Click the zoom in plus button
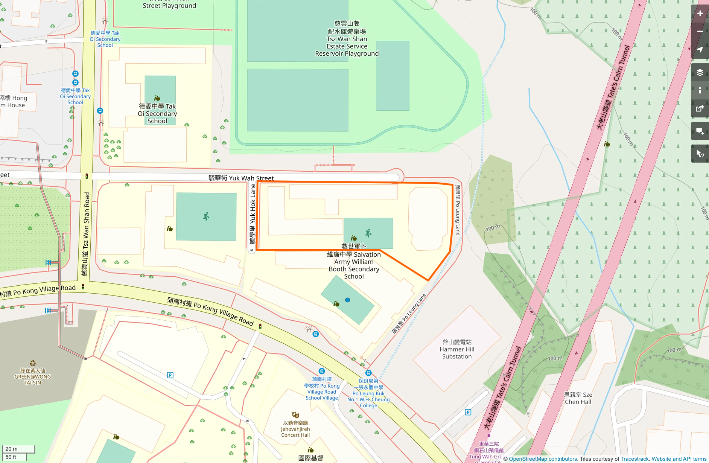[700, 14]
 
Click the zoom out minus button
[700, 32]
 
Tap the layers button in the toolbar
[700, 73]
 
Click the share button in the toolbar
[700, 109]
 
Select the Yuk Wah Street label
[241, 178]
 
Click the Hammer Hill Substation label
[456, 349]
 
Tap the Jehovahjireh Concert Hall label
[295, 429]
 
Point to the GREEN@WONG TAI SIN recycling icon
[33, 363]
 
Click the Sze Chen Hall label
[578, 398]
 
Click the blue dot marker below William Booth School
[348, 300]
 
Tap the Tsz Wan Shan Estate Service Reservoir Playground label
[347, 39]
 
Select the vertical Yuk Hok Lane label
[253, 214]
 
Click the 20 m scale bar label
[11, 449]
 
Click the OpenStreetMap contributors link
[543, 459]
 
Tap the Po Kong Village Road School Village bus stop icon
[321, 371]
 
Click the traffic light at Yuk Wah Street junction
[87, 176]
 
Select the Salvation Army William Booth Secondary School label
[354, 262]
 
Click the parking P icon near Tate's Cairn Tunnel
[468, 412]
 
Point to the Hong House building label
[14, 102]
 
